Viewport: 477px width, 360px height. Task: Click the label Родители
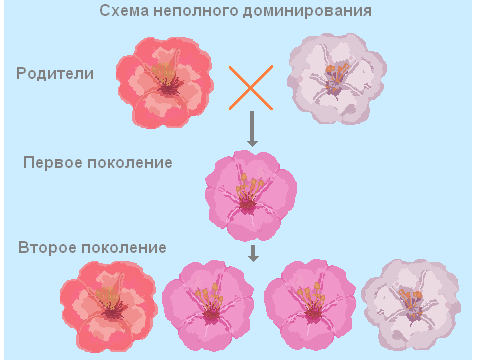[x=55, y=74]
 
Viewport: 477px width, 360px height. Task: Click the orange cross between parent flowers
[x=250, y=86]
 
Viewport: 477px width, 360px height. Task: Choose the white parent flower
[x=335, y=77]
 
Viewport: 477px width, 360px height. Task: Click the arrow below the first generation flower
[x=254, y=253]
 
